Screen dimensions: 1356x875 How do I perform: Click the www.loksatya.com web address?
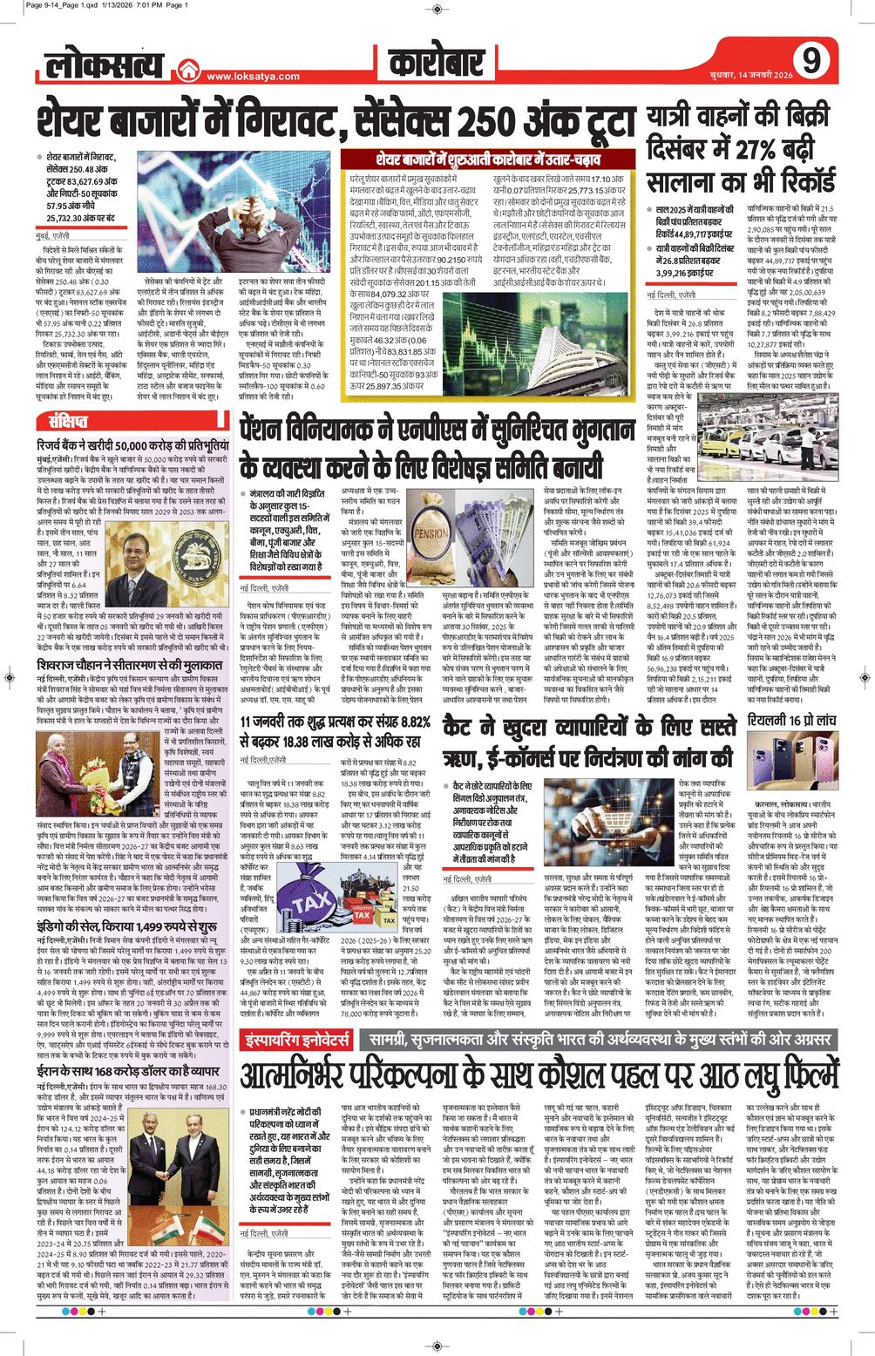coord(253,76)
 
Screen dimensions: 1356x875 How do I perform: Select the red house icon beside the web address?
coord(187,72)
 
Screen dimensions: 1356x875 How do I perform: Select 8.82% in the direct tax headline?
coord(404,722)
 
